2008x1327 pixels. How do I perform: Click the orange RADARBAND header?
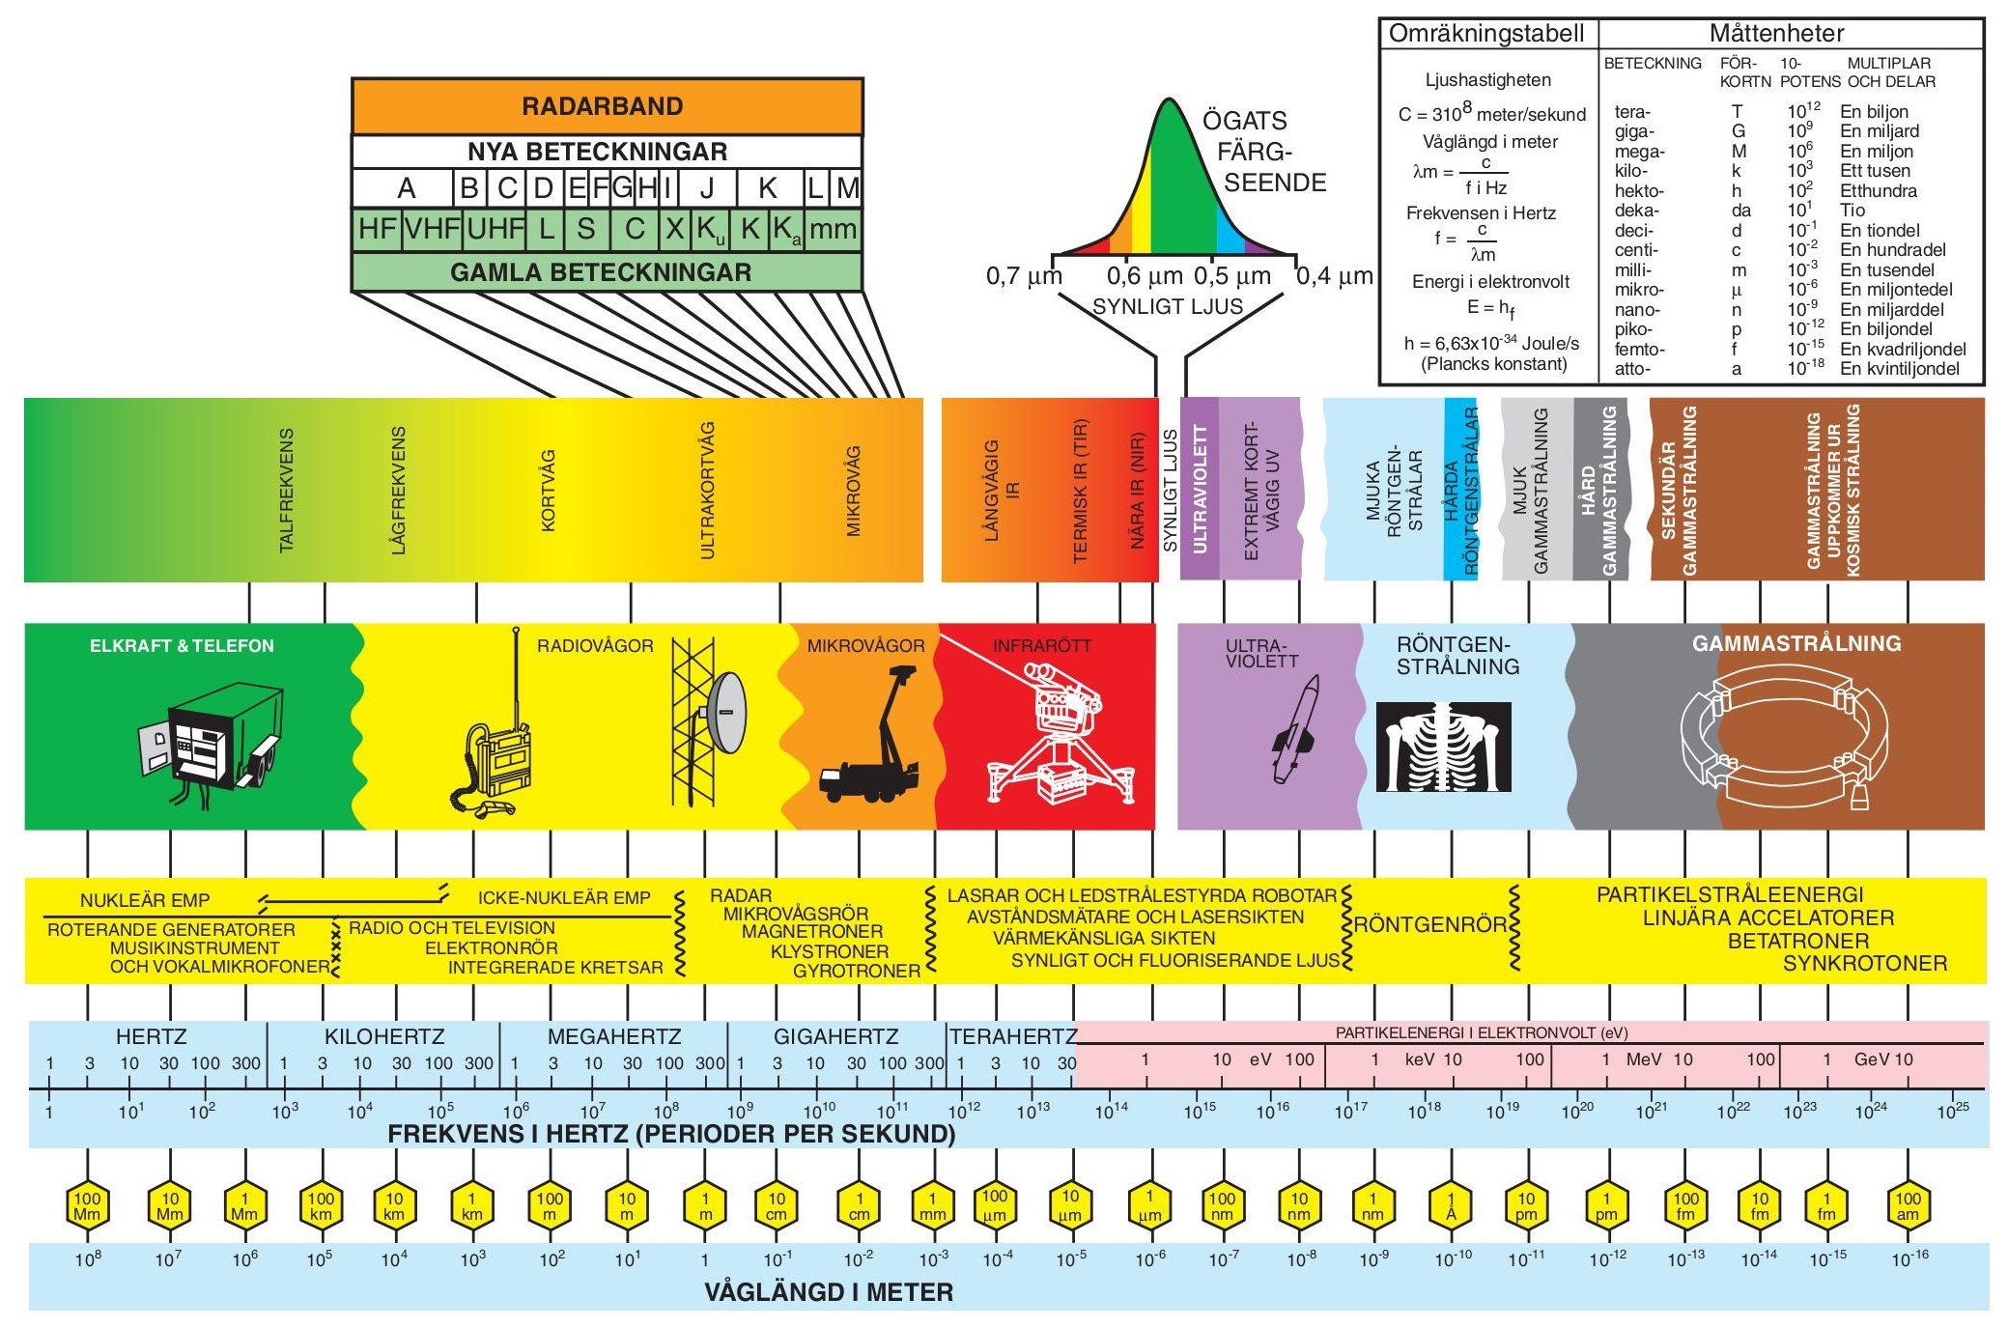(x=607, y=106)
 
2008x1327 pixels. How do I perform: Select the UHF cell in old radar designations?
(x=495, y=230)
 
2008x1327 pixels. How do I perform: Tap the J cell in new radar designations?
(x=707, y=187)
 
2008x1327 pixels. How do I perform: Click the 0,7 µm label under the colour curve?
(x=1024, y=276)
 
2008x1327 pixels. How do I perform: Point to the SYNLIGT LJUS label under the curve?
(x=1167, y=307)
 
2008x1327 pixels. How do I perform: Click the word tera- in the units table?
(x=1632, y=112)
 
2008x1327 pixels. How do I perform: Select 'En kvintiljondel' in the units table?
(x=1899, y=369)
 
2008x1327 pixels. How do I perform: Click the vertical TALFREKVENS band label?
(x=286, y=491)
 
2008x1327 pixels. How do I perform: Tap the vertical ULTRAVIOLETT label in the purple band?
(x=1201, y=490)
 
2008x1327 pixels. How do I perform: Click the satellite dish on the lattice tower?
(x=726, y=714)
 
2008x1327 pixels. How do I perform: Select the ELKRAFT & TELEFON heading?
(x=182, y=646)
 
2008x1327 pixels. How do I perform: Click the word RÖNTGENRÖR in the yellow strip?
(x=1429, y=925)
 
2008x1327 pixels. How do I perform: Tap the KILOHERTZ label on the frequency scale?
(x=384, y=1037)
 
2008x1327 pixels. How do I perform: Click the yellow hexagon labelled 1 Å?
(x=1450, y=1206)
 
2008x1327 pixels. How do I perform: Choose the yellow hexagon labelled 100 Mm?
(x=87, y=1206)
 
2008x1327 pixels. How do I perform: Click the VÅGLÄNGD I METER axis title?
(x=829, y=1292)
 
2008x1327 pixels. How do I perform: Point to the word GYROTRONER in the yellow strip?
(x=857, y=971)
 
